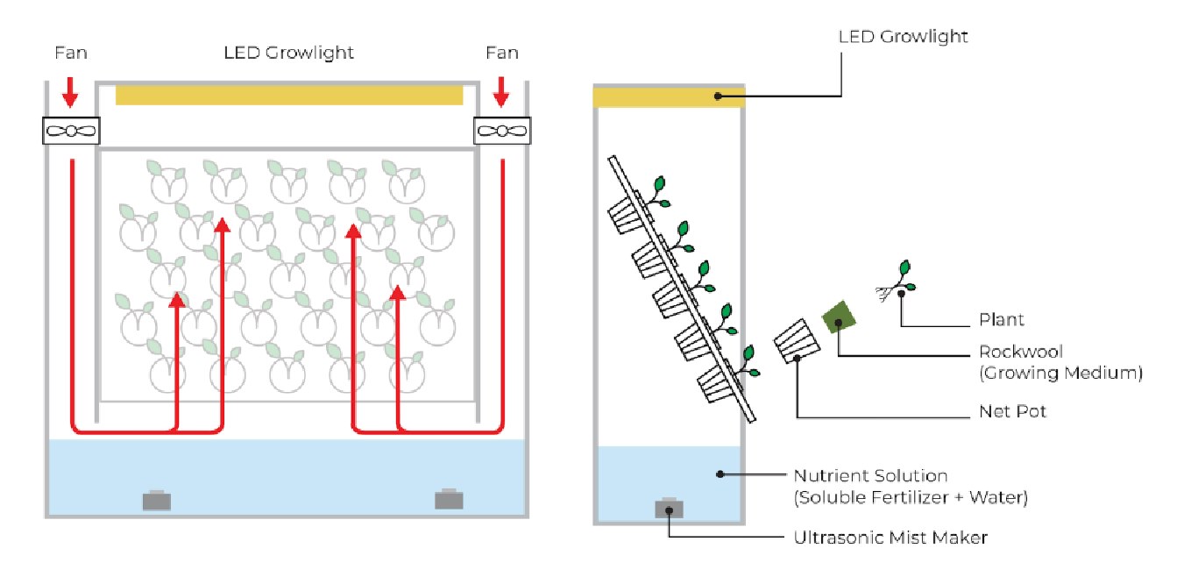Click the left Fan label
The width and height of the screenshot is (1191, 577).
coord(70,53)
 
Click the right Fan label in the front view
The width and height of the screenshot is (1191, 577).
coord(501,53)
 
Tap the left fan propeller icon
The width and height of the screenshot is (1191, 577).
coord(71,132)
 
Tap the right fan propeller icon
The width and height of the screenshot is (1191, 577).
coord(502,132)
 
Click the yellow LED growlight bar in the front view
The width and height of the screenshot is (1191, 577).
coord(288,95)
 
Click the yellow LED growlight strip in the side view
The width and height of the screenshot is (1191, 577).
coord(670,96)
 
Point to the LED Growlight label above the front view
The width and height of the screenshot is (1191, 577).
coord(288,53)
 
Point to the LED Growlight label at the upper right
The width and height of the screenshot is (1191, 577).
coord(903,37)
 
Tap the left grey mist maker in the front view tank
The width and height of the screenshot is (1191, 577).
coord(157,500)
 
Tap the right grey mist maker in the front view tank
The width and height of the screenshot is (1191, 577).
coord(449,498)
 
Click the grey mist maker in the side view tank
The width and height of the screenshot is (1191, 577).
coord(669,509)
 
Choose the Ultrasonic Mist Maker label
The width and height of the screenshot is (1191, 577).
coord(890,538)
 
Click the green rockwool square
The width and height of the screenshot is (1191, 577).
coord(839,318)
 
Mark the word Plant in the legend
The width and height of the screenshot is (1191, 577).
coord(1002,320)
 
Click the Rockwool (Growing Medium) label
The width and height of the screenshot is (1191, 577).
coord(1060,362)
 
